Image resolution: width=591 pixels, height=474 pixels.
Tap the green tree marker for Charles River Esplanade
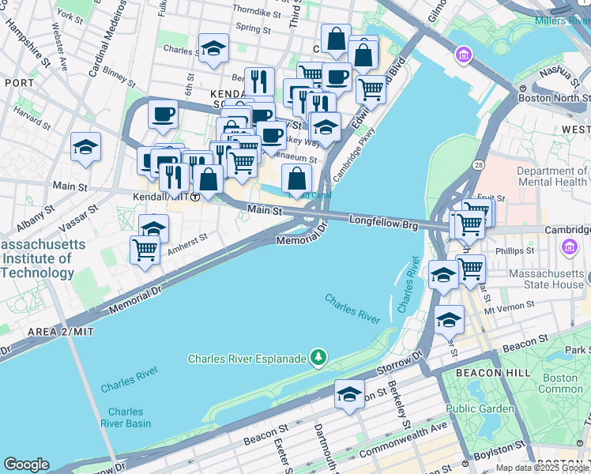click(x=318, y=358)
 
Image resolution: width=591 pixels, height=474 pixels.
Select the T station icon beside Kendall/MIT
click(x=194, y=197)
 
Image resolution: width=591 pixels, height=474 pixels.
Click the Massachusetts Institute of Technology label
click(x=37, y=259)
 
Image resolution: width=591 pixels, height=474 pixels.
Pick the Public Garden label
click(x=474, y=408)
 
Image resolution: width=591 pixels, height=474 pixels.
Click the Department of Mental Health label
click(x=552, y=176)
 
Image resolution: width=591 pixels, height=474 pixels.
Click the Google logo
click(x=26, y=465)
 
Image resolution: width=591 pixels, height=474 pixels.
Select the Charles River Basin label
click(x=126, y=417)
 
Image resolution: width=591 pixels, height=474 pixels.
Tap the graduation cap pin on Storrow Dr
click(x=349, y=393)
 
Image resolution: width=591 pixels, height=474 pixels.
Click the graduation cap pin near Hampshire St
click(x=85, y=146)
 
